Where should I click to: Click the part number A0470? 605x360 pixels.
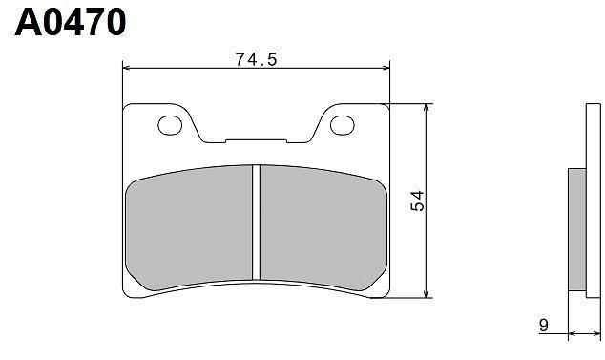click(x=71, y=22)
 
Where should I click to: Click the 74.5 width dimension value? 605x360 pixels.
click(x=256, y=59)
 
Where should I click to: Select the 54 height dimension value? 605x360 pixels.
click(x=417, y=201)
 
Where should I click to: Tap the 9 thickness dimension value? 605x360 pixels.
click(x=543, y=326)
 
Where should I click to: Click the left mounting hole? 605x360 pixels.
click(x=170, y=125)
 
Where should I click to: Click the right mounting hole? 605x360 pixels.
click(x=343, y=125)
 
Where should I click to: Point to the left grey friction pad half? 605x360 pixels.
click(x=189, y=228)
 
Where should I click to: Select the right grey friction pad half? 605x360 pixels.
click(x=323, y=228)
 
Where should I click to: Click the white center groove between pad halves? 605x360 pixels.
click(x=256, y=222)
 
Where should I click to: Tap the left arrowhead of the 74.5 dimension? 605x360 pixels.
click(x=127, y=68)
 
